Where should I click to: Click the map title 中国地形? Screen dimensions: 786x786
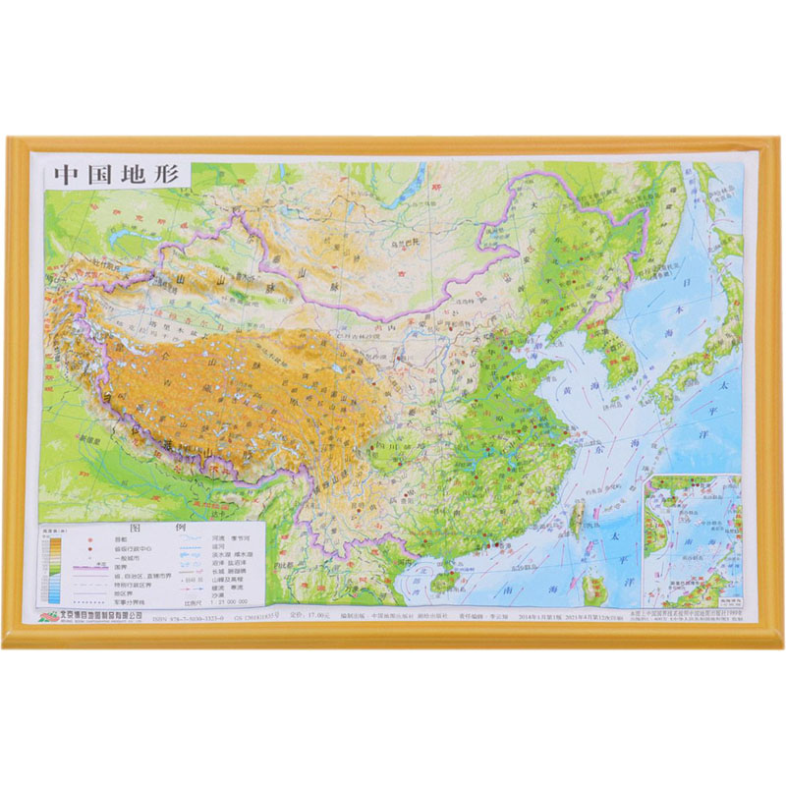pyautogui.click(x=115, y=176)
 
